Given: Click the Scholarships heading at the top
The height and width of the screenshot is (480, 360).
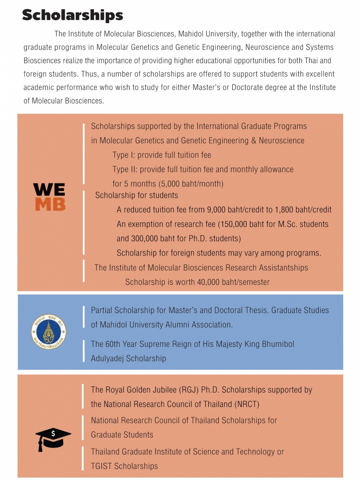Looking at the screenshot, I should pos(72,15).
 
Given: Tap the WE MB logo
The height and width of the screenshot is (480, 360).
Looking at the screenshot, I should pos(49,197).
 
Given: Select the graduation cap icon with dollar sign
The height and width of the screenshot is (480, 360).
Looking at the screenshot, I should pos(53,438).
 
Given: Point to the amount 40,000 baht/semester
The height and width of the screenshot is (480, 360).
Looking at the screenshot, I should pos(233,282).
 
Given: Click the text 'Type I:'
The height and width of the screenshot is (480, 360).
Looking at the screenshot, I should pos(124,155).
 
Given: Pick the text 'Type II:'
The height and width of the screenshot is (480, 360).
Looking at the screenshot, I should pos(126,169).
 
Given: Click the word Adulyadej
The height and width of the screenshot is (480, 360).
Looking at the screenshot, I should pos(108,358).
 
